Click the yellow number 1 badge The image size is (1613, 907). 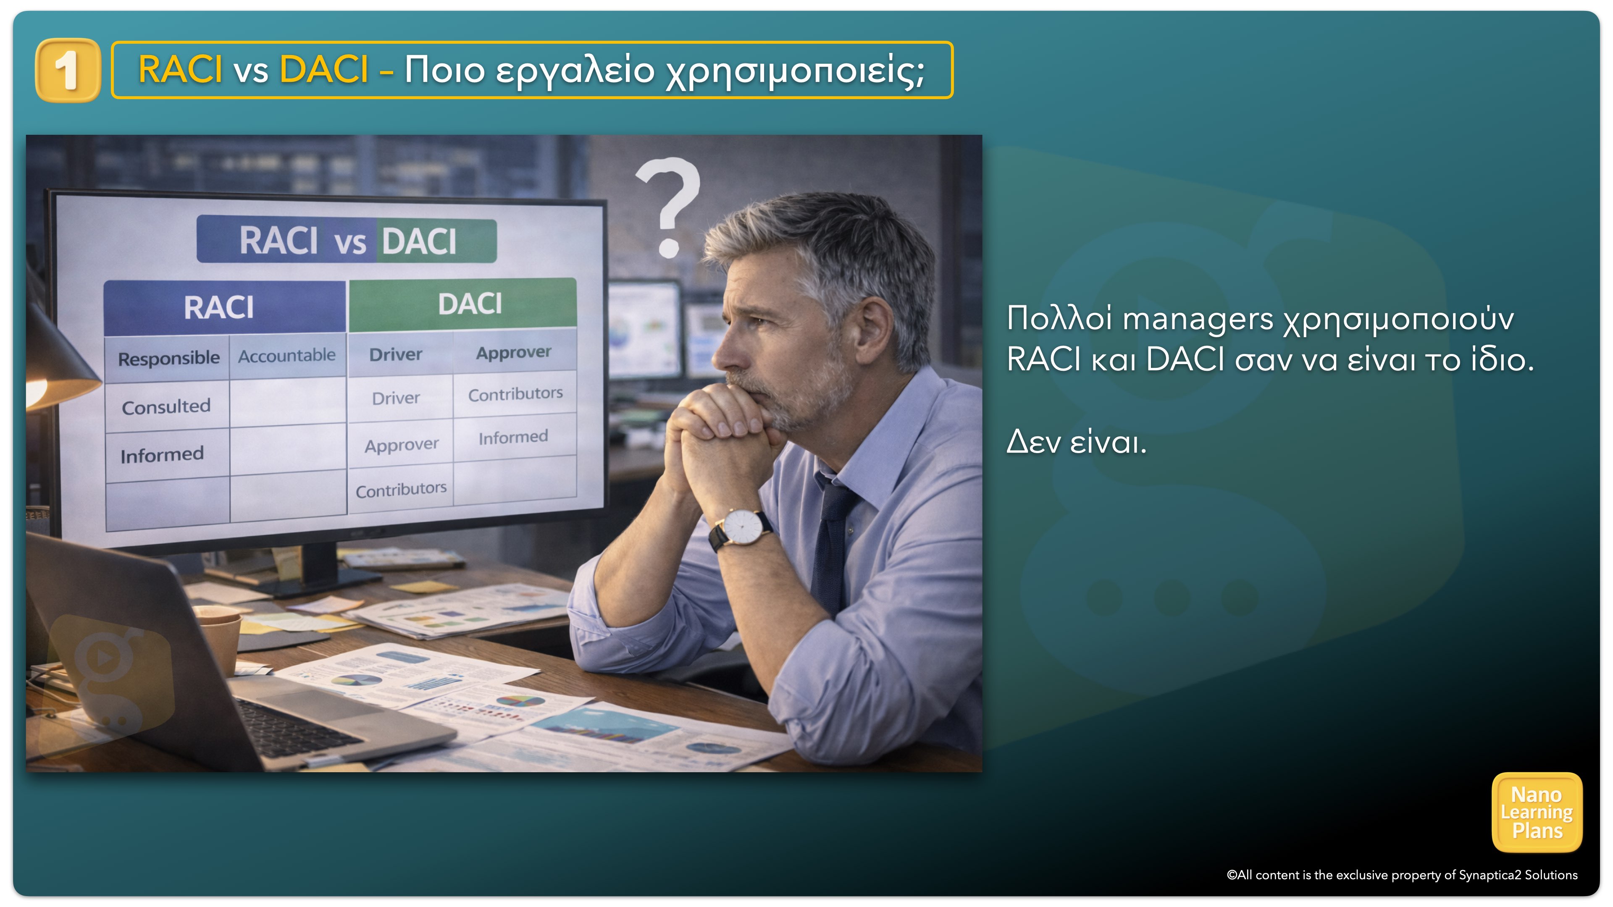tap(68, 70)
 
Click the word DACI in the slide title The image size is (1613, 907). tap(324, 69)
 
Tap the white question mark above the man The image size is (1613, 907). tap(669, 207)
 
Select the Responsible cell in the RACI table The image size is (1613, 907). tap(168, 359)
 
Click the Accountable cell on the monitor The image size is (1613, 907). tap(287, 356)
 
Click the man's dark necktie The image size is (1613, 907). tap(833, 538)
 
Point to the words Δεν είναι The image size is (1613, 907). tap(1076, 442)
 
